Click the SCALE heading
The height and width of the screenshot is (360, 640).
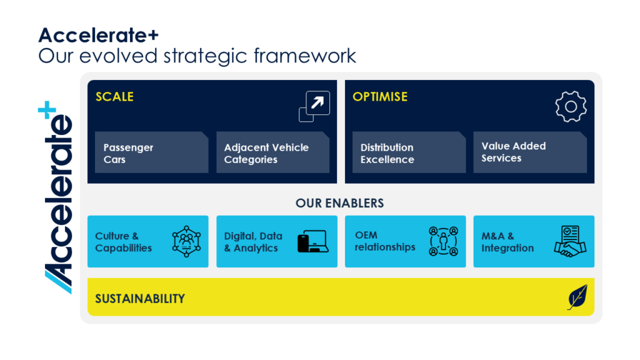pyautogui.click(x=114, y=97)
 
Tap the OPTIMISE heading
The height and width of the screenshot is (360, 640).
pyautogui.click(x=380, y=97)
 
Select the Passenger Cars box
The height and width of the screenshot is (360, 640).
pyautogui.click(x=151, y=152)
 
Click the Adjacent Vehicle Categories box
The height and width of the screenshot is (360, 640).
pyautogui.click(x=272, y=152)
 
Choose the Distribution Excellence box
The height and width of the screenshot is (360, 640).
pyautogui.click(x=409, y=152)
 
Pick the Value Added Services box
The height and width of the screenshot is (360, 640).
pyautogui.click(x=530, y=152)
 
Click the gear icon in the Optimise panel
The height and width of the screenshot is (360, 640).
pyautogui.click(x=571, y=106)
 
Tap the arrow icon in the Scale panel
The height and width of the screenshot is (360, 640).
pyautogui.click(x=314, y=106)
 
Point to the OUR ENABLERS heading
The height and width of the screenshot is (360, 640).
pyautogui.click(x=339, y=203)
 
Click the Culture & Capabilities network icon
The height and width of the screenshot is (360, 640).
pyautogui.click(x=186, y=241)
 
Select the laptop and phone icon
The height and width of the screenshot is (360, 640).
pyautogui.click(x=313, y=241)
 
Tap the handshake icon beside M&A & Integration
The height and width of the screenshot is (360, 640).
pyautogui.click(x=570, y=241)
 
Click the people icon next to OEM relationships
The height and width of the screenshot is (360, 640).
pyautogui.click(x=443, y=241)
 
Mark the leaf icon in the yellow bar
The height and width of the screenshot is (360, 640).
pyautogui.click(x=577, y=297)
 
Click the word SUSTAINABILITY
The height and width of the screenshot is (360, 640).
pyautogui.click(x=140, y=299)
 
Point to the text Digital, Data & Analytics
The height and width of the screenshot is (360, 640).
pyautogui.click(x=253, y=242)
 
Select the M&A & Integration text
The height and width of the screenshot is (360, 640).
pyautogui.click(x=507, y=242)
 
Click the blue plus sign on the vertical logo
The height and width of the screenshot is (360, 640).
pyautogui.click(x=47, y=110)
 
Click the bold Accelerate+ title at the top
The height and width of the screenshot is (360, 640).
pyautogui.click(x=98, y=35)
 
